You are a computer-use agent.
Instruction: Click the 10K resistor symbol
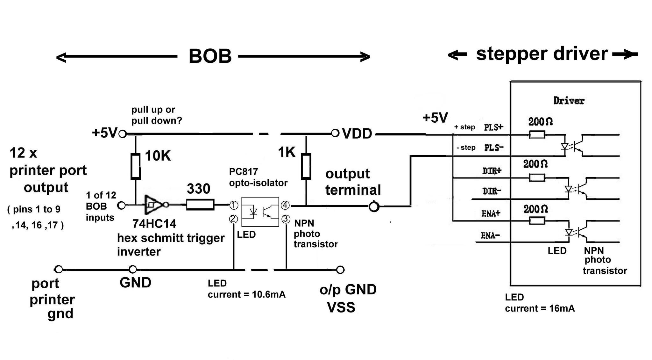click(x=136, y=166)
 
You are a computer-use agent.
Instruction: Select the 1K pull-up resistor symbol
click(x=306, y=166)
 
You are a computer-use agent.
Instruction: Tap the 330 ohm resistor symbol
click(x=200, y=205)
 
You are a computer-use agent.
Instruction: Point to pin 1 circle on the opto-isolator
click(x=234, y=205)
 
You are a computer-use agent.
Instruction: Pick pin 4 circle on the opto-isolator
click(x=285, y=205)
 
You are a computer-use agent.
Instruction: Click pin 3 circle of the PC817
click(x=286, y=219)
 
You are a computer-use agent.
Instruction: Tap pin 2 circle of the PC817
click(x=233, y=219)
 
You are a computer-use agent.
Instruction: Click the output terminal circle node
click(x=374, y=207)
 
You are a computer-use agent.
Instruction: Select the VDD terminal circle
click(x=335, y=133)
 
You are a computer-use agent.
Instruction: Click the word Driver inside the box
click(x=569, y=101)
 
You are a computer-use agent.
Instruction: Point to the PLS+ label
click(x=494, y=127)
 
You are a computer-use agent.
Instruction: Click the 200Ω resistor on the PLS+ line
click(x=537, y=135)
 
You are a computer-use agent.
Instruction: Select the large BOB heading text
click(x=210, y=56)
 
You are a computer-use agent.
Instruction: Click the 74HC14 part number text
click(x=154, y=224)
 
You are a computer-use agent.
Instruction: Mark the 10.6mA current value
click(x=269, y=294)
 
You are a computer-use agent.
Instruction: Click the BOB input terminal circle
click(x=121, y=205)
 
